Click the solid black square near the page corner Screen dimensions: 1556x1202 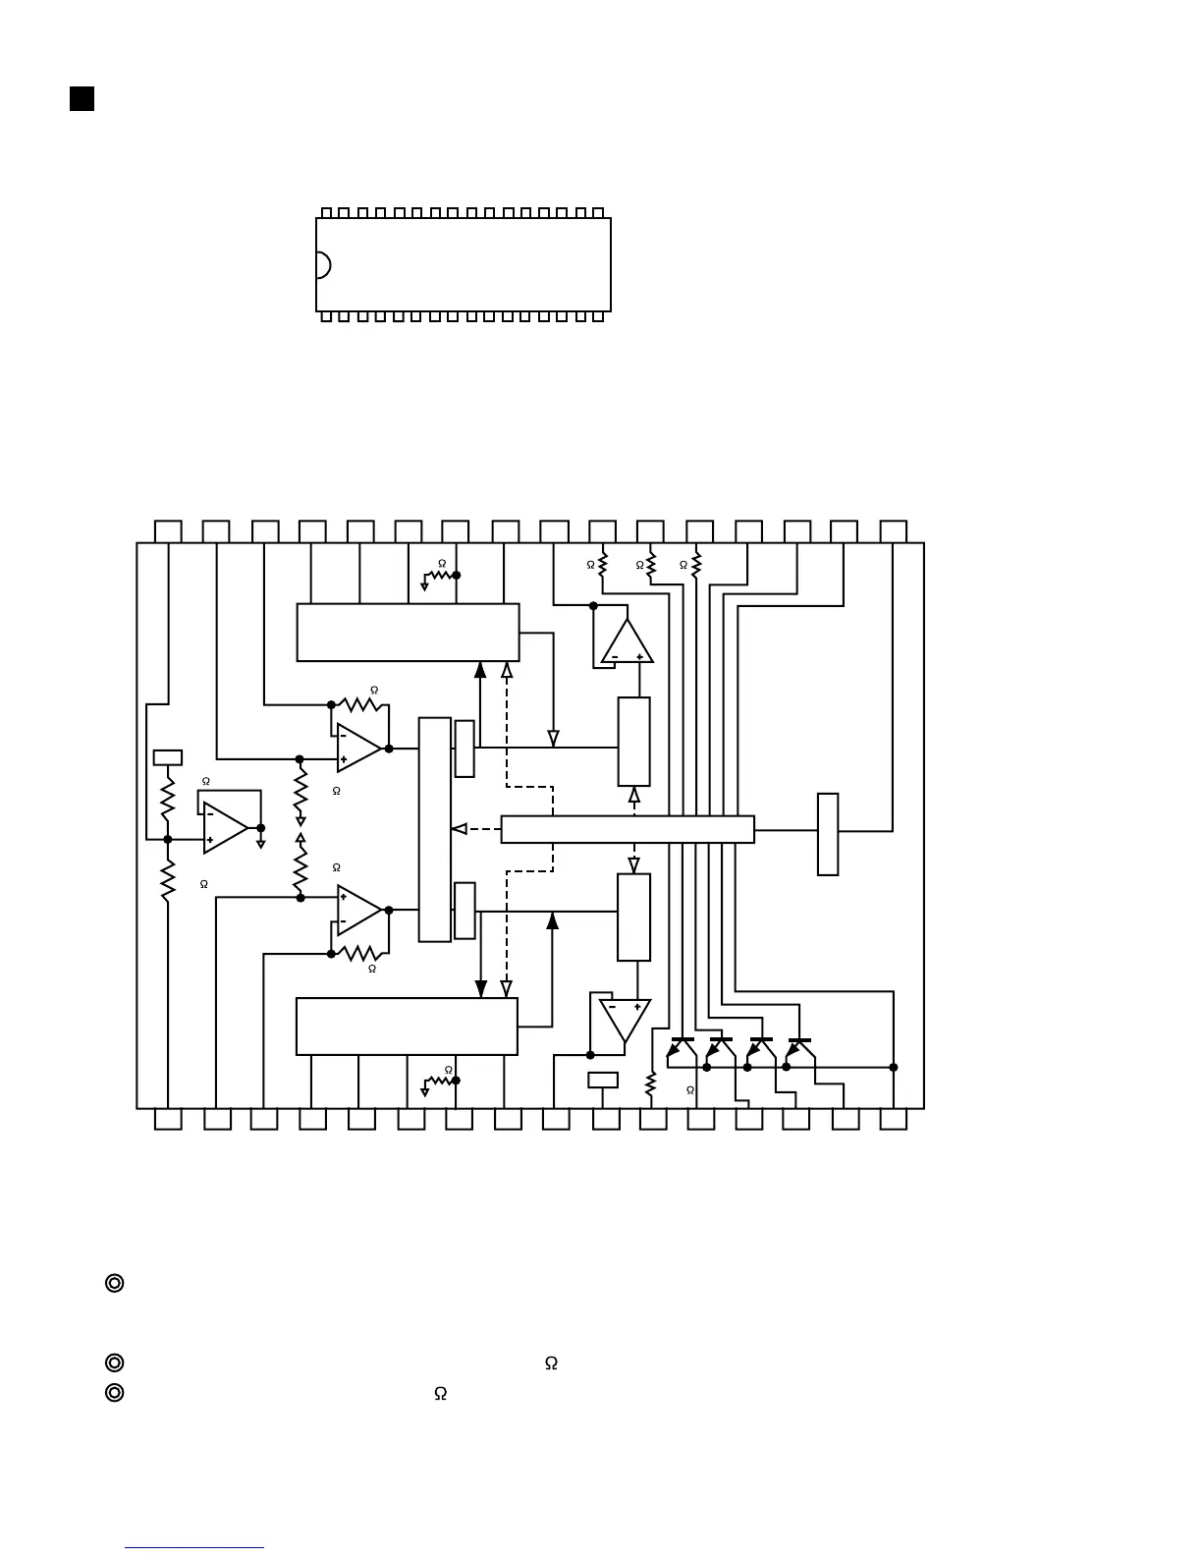coord(82,98)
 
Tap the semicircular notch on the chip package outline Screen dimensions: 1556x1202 coord(323,265)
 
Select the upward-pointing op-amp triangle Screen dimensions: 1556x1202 coord(627,644)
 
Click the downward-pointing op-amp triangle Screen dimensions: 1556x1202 coord(626,1018)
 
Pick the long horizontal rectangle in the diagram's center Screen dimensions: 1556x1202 coord(628,829)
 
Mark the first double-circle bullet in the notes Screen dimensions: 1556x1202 coord(114,1283)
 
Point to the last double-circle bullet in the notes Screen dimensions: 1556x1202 coord(114,1392)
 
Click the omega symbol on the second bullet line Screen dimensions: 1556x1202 coord(551,1363)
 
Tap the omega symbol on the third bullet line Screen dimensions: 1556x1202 coord(441,1393)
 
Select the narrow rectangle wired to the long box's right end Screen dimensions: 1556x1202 coord(828,834)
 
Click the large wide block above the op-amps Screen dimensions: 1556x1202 coord(408,633)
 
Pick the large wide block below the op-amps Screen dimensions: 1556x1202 coord(407,1027)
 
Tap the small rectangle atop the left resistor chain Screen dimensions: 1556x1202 coord(168,757)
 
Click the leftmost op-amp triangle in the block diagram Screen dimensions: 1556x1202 coord(224,827)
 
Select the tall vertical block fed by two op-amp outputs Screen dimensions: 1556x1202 coord(435,829)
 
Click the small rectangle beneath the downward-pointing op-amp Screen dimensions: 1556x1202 coord(603,1081)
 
